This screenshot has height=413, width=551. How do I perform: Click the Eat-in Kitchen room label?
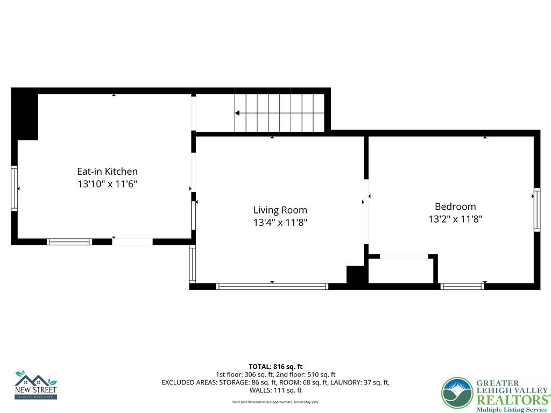click(x=107, y=172)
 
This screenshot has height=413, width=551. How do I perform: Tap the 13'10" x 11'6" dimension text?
click(x=107, y=184)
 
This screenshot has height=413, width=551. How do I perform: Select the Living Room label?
click(x=280, y=210)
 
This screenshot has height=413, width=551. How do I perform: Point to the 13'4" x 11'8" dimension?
click(x=280, y=223)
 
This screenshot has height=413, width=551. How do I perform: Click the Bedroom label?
click(x=455, y=206)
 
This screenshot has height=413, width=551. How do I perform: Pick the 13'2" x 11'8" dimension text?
click(x=455, y=219)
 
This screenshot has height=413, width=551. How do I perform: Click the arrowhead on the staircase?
click(x=237, y=113)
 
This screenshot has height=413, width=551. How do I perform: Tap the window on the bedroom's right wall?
click(x=536, y=210)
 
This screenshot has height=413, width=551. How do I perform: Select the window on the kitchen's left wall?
click(x=15, y=188)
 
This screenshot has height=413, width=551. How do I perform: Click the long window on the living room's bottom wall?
click(x=272, y=287)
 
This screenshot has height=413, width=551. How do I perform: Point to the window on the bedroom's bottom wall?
click(x=462, y=287)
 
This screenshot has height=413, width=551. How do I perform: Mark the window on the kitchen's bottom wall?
click(x=69, y=242)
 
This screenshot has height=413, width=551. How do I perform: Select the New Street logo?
click(x=36, y=385)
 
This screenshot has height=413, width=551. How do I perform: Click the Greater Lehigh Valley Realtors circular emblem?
click(x=457, y=393)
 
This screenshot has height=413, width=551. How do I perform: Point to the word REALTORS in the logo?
click(x=511, y=400)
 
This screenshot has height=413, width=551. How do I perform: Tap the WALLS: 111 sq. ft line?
click(x=275, y=390)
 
